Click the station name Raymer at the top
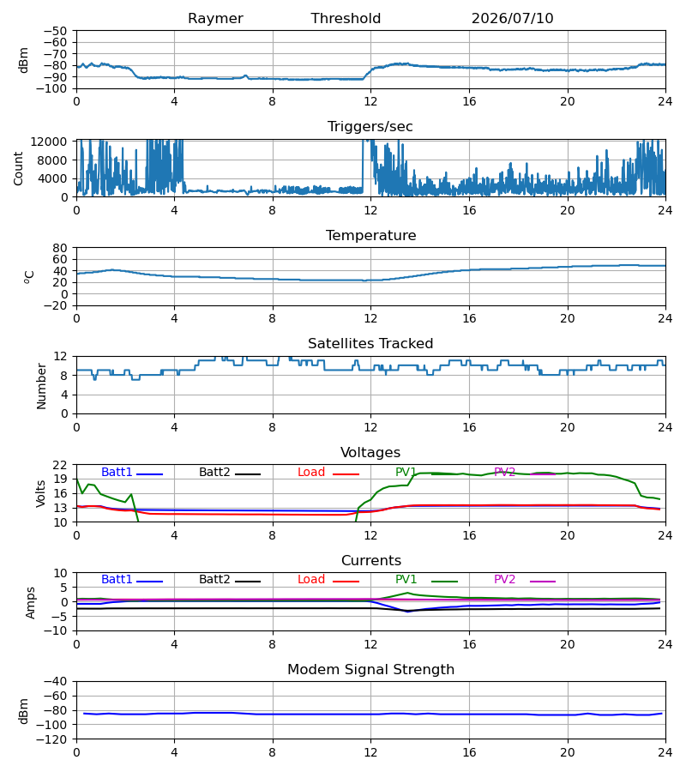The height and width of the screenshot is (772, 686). (215, 19)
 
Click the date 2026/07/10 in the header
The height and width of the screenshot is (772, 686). (512, 18)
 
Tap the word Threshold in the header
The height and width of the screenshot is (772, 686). (346, 18)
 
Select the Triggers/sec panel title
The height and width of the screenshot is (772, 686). (370, 127)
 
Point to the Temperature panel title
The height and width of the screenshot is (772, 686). (370, 235)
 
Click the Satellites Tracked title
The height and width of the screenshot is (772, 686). (370, 344)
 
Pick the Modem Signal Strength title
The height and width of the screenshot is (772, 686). (370, 670)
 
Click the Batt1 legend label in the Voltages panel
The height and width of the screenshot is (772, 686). (117, 472)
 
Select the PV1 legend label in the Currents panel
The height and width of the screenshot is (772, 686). (406, 580)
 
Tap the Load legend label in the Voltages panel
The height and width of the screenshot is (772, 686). (311, 472)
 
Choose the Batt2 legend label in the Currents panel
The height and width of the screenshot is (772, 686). (214, 580)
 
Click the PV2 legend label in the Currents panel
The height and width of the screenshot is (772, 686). (504, 580)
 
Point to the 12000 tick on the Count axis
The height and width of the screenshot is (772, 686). (49, 142)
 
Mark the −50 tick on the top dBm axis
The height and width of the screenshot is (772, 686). (55, 31)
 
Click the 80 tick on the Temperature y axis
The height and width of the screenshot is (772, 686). (61, 248)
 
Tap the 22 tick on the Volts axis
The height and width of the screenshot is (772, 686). (61, 465)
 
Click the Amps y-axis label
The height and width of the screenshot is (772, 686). (31, 603)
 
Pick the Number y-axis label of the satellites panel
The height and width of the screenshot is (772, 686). (41, 387)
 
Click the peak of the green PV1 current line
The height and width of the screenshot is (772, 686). (407, 593)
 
